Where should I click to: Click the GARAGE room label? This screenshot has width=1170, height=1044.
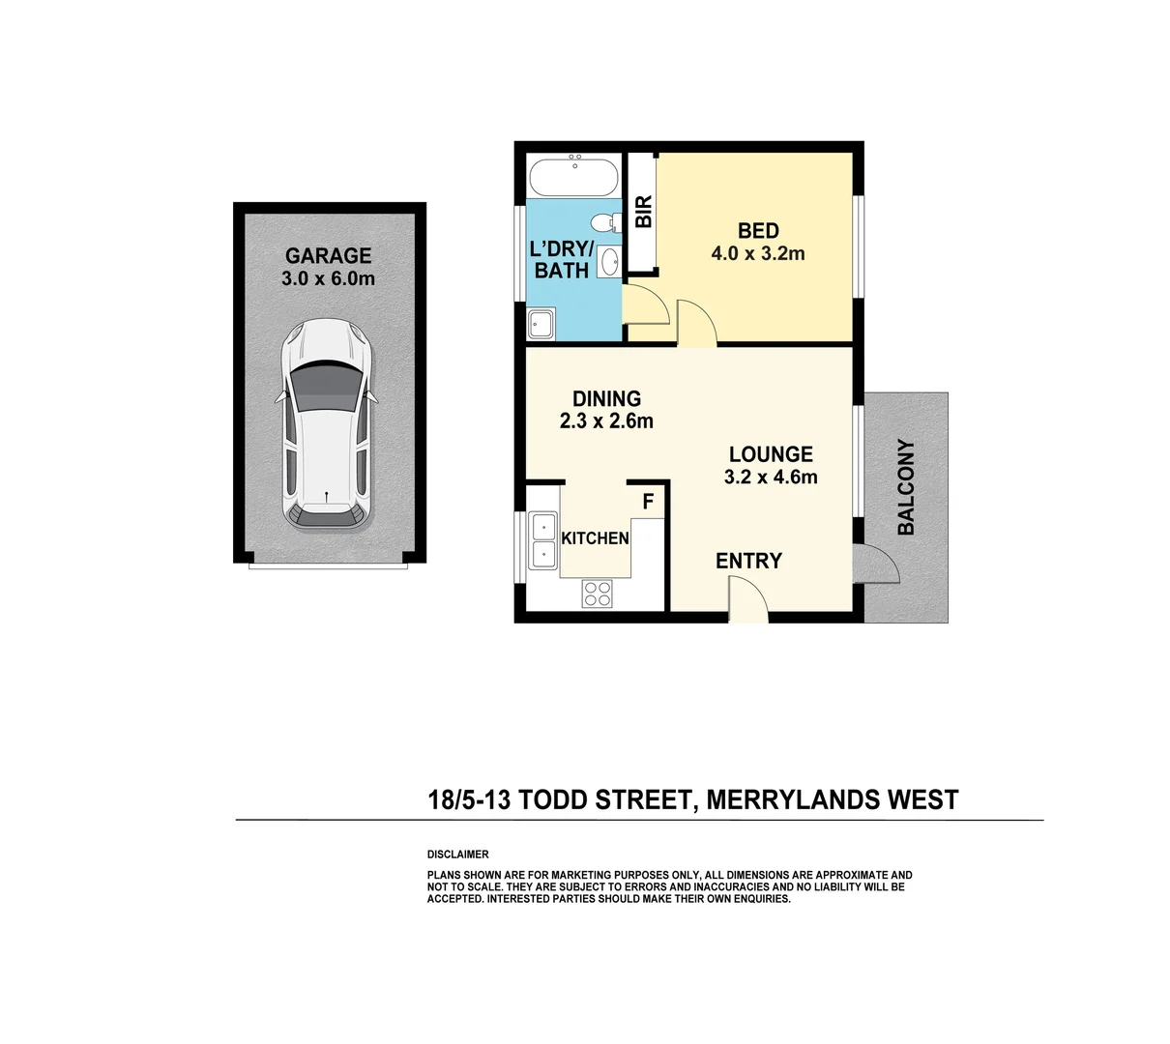328,256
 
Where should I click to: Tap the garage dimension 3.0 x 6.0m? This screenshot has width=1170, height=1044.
328,279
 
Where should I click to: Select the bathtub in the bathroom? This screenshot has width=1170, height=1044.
573,177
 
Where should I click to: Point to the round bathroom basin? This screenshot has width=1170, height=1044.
609,261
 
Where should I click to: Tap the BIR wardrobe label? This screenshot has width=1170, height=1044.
644,212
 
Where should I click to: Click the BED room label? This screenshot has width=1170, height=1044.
758,231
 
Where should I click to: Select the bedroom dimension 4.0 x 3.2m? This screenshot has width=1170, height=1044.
758,254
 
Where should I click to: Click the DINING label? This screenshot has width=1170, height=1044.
606,398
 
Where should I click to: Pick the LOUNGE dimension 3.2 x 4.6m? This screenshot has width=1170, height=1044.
771,478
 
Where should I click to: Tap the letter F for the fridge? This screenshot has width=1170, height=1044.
649,501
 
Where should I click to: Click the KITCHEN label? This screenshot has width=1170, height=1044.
595,538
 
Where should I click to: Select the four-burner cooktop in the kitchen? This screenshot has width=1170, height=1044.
597,593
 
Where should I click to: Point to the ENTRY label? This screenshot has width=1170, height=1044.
748,561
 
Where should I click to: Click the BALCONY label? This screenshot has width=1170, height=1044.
906,487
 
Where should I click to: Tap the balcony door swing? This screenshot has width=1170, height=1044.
882,565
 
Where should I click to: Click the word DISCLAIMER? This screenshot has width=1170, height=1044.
457,855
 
